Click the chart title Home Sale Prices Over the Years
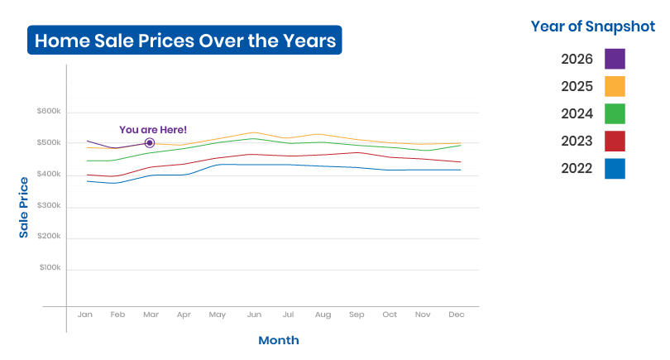pos(185,41)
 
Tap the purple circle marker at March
pos(150,143)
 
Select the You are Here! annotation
pos(153,130)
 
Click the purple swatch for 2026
pos(615,59)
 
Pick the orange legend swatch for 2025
pos(615,86)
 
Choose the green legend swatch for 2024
pos(615,113)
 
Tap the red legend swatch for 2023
pos(615,141)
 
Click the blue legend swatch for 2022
pos(615,169)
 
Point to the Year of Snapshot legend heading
pos(592,26)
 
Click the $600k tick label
pos(49,111)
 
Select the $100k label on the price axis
pos(50,267)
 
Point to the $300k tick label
pos(49,205)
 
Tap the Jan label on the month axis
pos(85,314)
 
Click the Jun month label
pos(254,314)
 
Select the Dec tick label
pos(457,314)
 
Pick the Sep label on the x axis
pos(357,314)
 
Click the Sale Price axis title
pos(23,208)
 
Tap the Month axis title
pos(279,340)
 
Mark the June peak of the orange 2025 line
pos(254,132)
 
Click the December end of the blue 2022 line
pos(461,170)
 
